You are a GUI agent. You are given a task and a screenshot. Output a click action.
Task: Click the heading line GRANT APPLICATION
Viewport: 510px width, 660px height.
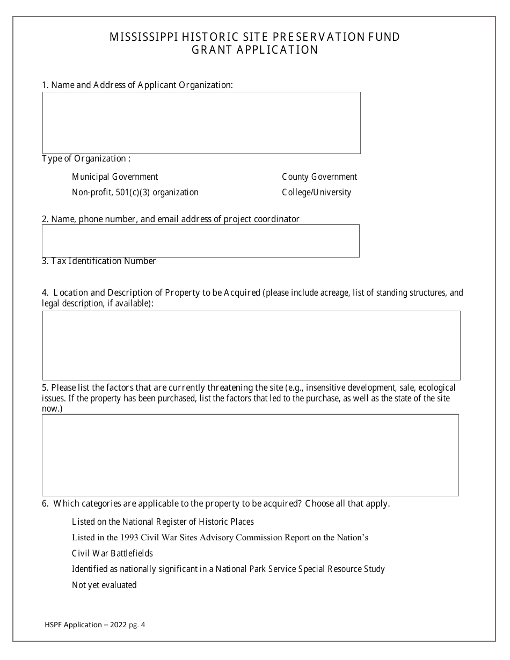pyautogui.click(x=255, y=50)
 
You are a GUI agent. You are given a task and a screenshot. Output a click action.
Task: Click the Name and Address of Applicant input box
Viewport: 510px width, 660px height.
pyautogui.click(x=201, y=123)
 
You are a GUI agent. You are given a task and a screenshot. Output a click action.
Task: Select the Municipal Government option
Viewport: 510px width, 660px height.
pyautogui.click(x=115, y=177)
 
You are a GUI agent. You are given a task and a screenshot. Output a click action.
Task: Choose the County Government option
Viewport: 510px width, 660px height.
pyautogui.click(x=319, y=177)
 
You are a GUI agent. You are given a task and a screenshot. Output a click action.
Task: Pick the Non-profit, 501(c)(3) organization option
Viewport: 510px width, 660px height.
pyautogui.click(x=135, y=192)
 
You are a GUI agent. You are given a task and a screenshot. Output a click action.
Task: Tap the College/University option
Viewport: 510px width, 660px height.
pyautogui.click(x=316, y=192)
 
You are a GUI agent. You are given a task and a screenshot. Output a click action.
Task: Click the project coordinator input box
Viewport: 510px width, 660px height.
pyautogui.click(x=201, y=241)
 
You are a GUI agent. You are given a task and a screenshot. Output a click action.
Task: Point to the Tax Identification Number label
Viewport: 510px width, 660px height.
pyautogui.click(x=99, y=261)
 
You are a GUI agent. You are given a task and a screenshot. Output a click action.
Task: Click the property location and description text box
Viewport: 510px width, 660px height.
pyautogui.click(x=251, y=346)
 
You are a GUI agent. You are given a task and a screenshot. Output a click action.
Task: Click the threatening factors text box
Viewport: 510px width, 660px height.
pyautogui.click(x=250, y=455)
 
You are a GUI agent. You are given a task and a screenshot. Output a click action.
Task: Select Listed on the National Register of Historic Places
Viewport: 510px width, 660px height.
pyautogui.click(x=163, y=522)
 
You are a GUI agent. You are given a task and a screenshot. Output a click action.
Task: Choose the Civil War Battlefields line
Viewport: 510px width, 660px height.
pyautogui.click(x=112, y=553)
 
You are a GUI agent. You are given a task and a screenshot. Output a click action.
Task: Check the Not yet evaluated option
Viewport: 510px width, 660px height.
pyautogui.click(x=104, y=585)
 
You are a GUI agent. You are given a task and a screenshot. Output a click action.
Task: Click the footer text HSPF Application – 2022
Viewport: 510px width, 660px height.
pyautogui.click(x=86, y=625)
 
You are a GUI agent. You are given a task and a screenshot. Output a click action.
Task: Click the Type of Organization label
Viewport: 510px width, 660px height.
pyautogui.click(x=86, y=159)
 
